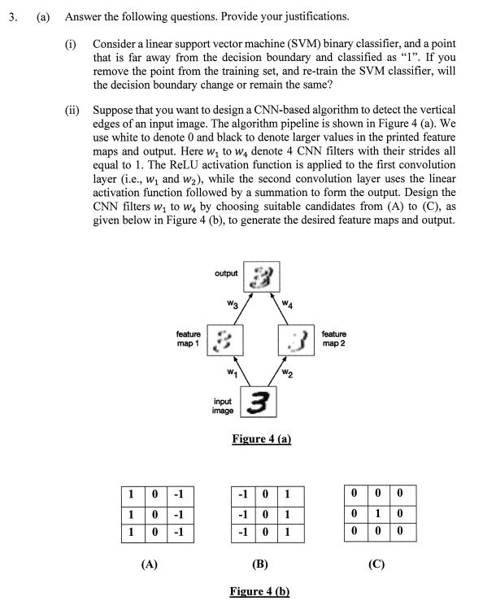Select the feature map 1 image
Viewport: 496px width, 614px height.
(225, 339)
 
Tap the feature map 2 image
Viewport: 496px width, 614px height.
(298, 339)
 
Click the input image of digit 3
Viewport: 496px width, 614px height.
(259, 403)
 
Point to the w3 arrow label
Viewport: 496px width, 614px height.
(232, 305)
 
